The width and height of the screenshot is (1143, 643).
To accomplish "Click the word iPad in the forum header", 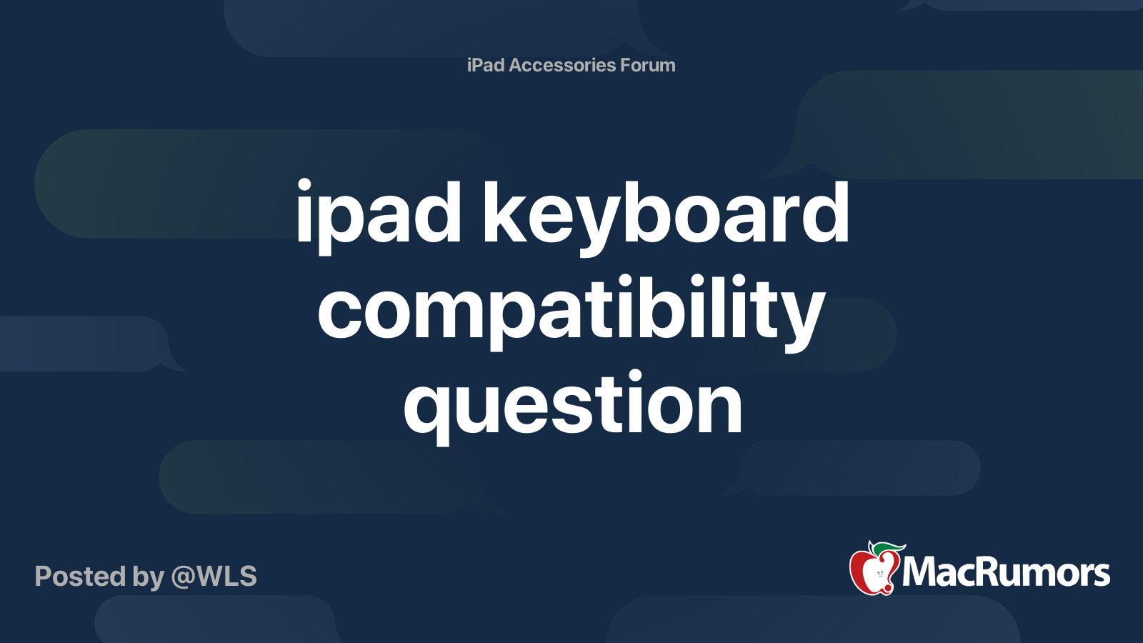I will [486, 65].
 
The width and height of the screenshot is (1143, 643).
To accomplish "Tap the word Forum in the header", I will [648, 65].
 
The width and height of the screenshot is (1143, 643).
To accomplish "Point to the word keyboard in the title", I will [666, 214].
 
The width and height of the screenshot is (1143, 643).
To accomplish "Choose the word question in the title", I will [573, 405].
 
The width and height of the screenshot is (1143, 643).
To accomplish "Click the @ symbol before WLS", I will [182, 577].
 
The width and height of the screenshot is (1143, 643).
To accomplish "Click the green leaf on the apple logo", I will [888, 548].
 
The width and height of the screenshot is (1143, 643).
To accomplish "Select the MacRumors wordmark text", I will [1006, 573].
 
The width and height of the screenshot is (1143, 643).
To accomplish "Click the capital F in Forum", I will [625, 65].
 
